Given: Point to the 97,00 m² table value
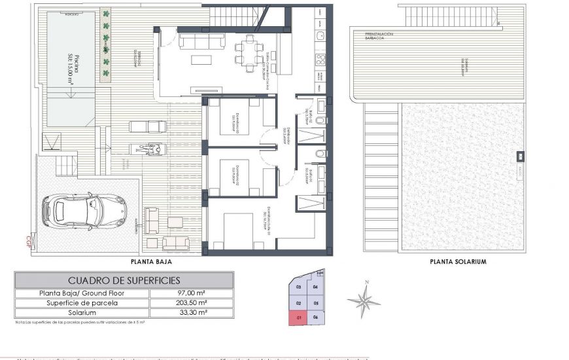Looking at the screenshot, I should point(191,293).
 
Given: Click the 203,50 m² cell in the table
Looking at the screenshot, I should point(191,303).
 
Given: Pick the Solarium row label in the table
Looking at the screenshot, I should point(82,313).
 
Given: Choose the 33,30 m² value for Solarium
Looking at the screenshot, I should point(191,313).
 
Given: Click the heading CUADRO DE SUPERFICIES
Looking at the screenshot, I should point(124,280).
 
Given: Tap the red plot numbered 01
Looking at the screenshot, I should point(298,317).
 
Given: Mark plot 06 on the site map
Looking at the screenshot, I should point(316,317).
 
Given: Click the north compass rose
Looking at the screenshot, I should point(364,301).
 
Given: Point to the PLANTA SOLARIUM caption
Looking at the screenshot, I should point(458,261).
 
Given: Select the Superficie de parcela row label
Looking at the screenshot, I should point(82,303).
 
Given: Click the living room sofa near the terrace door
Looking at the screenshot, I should point(201,41).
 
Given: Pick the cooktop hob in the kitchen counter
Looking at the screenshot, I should point(320,61).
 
